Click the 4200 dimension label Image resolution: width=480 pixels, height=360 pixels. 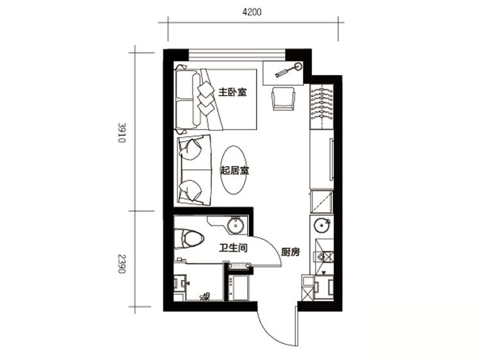(252, 12)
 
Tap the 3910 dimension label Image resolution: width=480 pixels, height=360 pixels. (122, 133)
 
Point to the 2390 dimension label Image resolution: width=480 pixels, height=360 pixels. (122, 264)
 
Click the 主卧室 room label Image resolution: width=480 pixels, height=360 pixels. (232, 92)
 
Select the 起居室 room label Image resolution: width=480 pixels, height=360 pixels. (235, 170)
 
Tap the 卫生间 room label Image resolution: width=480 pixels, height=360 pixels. (234, 248)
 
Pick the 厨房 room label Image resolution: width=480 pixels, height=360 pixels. (290, 252)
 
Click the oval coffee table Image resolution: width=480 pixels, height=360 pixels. (234, 169)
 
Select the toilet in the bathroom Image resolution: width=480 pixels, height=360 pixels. (189, 239)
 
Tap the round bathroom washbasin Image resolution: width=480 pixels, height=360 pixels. (236, 225)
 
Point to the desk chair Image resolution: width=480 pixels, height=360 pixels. (284, 98)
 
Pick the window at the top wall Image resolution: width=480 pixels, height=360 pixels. (237, 55)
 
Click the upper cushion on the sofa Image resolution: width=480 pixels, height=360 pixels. (191, 149)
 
